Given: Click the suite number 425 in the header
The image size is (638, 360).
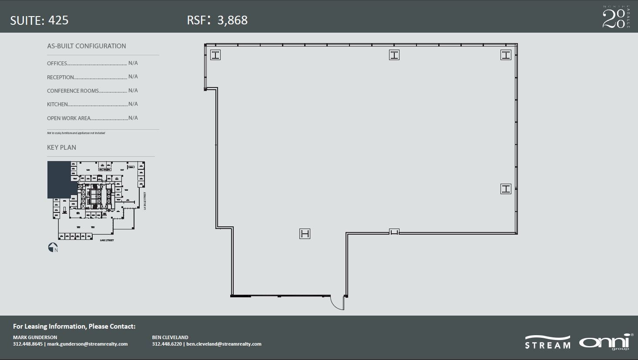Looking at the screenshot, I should [58, 20].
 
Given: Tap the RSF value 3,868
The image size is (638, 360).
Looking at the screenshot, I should [232, 20].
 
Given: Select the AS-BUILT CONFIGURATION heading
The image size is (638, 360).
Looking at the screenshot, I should [87, 46].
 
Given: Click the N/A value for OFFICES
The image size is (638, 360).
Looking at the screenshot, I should [133, 63].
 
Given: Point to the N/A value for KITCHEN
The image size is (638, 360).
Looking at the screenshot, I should [133, 104].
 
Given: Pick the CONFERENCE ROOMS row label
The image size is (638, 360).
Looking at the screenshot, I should [73, 91].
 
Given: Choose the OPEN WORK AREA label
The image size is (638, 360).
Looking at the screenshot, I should [69, 118].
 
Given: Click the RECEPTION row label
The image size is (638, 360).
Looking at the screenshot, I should [60, 77].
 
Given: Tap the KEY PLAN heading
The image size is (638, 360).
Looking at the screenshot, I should [61, 148].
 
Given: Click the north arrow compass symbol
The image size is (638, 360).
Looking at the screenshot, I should [53, 247].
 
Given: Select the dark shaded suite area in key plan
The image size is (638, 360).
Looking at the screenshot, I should [59, 178].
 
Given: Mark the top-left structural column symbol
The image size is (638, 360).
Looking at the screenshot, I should [215, 55].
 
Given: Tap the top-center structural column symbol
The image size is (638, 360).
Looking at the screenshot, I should [394, 55].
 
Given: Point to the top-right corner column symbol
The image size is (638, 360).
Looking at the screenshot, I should [506, 55].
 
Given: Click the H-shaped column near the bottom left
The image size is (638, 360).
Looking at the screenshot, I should [305, 234].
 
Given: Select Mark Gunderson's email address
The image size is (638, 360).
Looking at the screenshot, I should [87, 344].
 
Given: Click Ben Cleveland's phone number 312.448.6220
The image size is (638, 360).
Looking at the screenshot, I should [167, 344].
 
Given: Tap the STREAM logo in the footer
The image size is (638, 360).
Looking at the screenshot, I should [547, 343].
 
